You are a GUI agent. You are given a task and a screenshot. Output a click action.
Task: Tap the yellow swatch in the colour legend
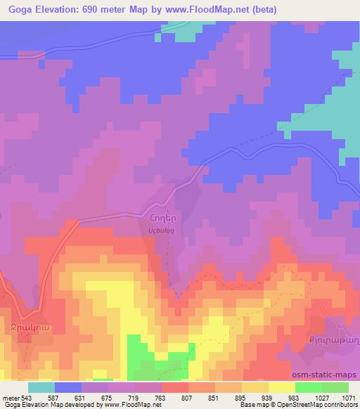tap(281, 387)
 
